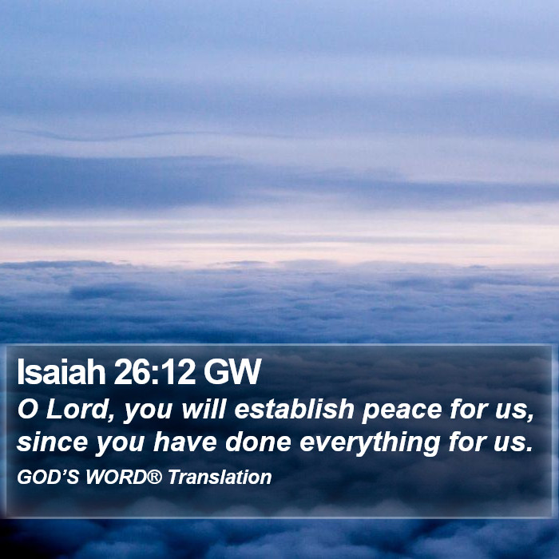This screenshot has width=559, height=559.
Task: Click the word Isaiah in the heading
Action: (61, 372)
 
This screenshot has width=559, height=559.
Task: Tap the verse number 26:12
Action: (154, 372)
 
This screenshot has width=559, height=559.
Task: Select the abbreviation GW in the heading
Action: (232, 372)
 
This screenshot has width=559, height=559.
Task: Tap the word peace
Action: (402, 412)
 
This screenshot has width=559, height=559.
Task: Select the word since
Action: (52, 442)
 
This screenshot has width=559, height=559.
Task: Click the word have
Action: (185, 442)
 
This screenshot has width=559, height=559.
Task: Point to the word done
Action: (258, 442)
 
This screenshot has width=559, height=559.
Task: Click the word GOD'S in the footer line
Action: (48, 477)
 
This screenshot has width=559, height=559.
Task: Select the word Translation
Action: (220, 477)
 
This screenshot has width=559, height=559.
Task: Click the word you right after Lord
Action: (148, 412)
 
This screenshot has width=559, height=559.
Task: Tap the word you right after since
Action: (120, 445)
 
